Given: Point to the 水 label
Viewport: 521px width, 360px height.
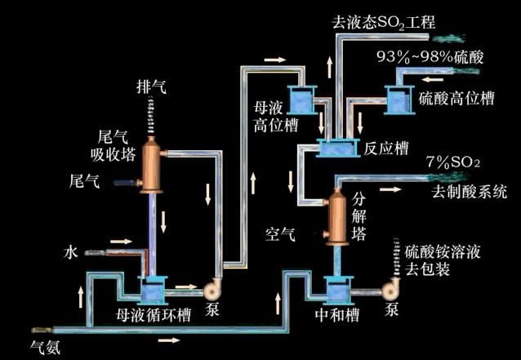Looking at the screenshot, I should click(70, 253).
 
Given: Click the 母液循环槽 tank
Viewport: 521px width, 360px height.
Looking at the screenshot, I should click(152, 289).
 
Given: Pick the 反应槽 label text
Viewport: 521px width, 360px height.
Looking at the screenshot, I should click(385, 149).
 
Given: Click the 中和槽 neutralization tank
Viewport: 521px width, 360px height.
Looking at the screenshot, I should click(336, 289).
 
